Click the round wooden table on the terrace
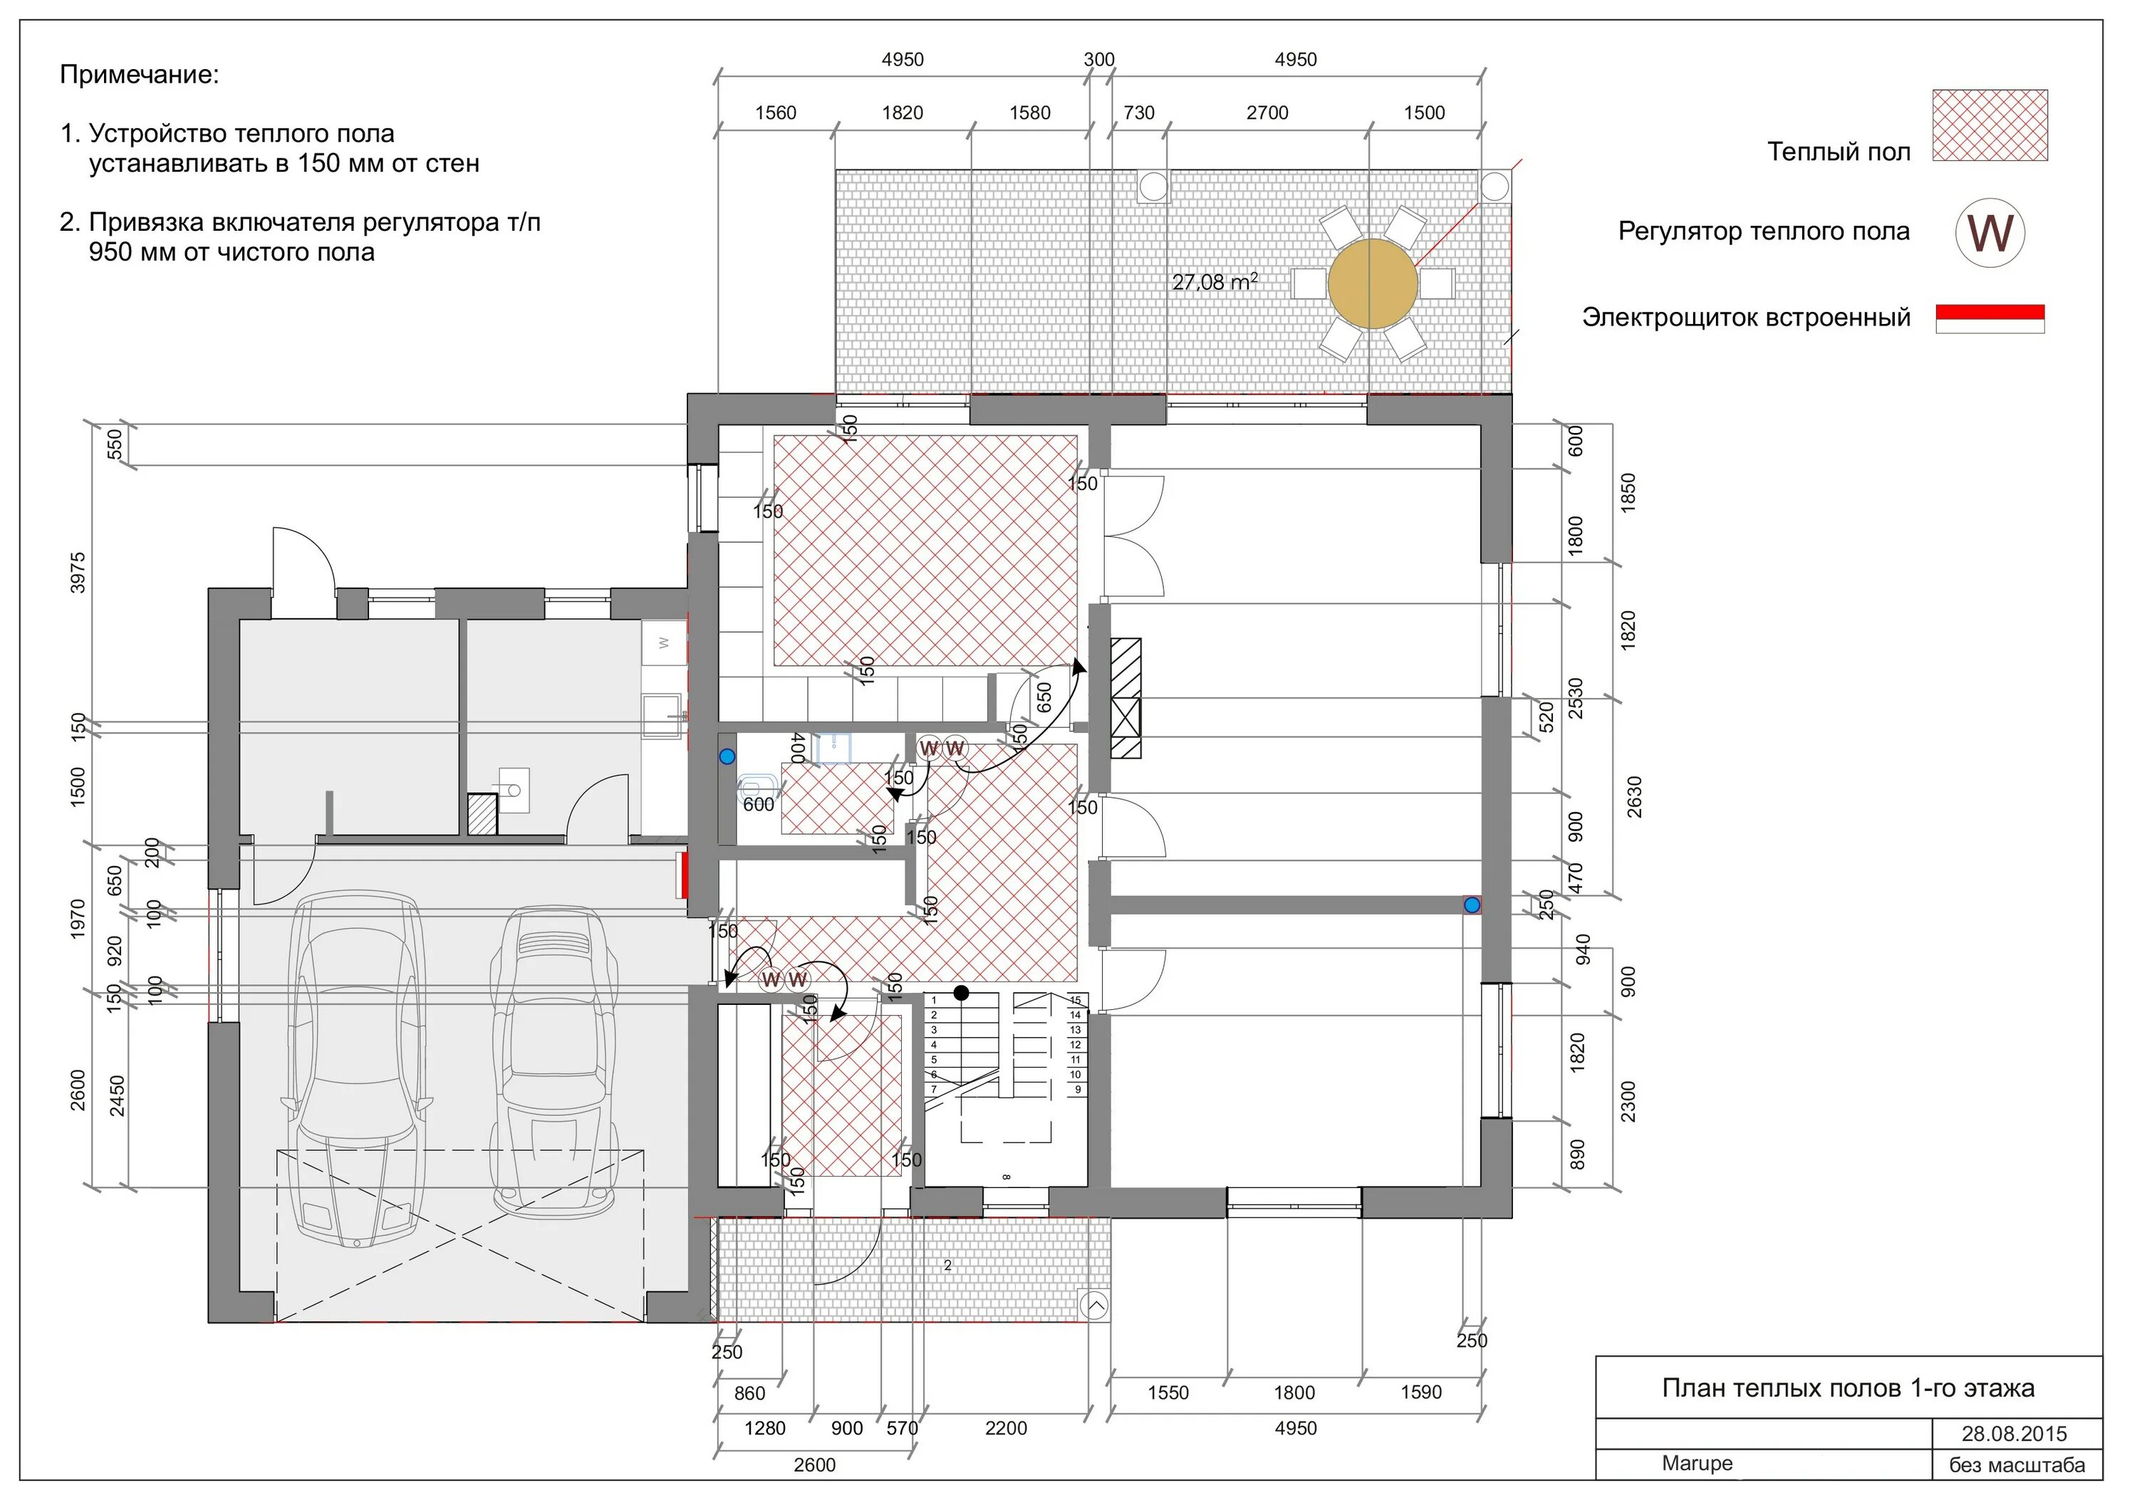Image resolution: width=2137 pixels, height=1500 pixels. point(1372,283)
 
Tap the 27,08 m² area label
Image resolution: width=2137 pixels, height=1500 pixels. point(1215,281)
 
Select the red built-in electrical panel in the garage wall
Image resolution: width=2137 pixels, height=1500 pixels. point(683,875)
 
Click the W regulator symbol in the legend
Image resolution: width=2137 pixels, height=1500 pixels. point(1990,233)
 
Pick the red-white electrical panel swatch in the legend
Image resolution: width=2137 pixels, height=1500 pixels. point(1990,318)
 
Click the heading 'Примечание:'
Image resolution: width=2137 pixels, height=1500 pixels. point(140,75)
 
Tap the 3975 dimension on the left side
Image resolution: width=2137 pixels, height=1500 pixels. point(78,572)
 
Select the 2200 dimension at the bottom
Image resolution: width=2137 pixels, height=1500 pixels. point(1005,1428)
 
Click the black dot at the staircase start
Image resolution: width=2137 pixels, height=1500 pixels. point(962,994)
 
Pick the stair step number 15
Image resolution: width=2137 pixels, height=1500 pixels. point(1075,1000)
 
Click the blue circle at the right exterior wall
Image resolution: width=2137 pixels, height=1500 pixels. point(1472,905)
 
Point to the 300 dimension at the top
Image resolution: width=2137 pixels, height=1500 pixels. point(1098,60)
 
